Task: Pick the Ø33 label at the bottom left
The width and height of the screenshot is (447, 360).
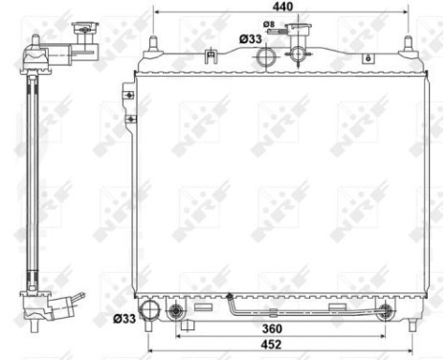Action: click(124, 318)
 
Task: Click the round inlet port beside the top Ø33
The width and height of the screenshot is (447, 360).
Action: click(266, 57)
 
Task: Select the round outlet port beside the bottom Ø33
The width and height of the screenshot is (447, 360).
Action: click(150, 311)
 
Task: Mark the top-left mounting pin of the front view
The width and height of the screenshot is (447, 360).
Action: click(150, 43)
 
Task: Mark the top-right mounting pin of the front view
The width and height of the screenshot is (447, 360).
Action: click(409, 43)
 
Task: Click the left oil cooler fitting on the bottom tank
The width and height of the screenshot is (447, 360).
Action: click(176, 312)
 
